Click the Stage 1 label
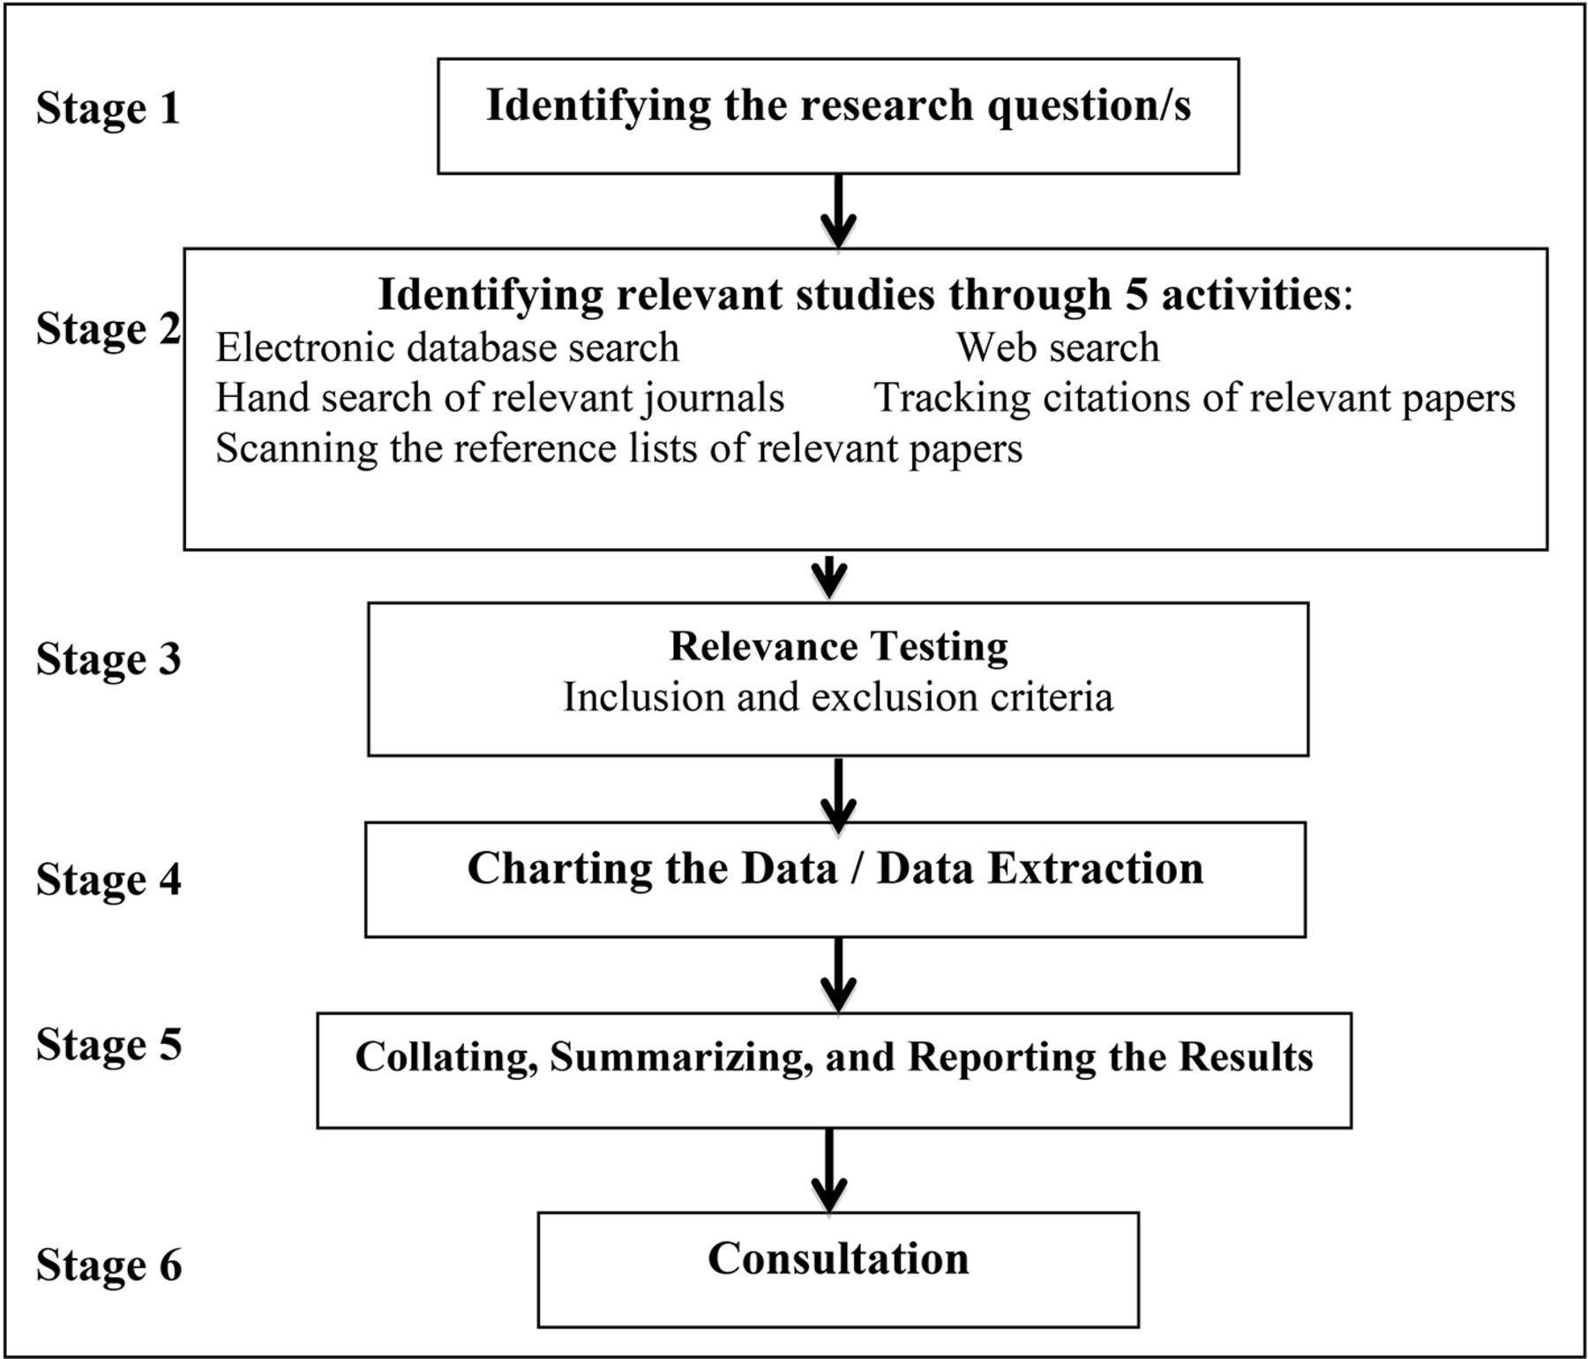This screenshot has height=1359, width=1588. tap(108, 109)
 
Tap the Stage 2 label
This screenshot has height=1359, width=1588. tap(108, 330)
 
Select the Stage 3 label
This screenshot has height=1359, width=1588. tap(109, 659)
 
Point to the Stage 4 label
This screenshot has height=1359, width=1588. tap(109, 880)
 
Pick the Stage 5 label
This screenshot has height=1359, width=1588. tap(109, 1045)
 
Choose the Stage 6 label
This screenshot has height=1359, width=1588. tap(109, 1265)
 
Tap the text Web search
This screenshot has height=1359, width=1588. tap(1058, 348)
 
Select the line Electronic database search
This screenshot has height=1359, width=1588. tap(447, 348)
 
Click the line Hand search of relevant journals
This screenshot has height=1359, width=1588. tap(500, 398)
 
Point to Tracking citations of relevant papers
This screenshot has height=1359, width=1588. tap(1195, 398)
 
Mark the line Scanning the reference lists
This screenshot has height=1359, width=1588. tap(619, 448)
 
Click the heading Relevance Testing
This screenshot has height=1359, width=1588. tap(838, 646)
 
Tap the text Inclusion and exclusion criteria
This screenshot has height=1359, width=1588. tap(838, 697)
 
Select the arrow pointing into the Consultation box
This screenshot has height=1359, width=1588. tap(829, 1171)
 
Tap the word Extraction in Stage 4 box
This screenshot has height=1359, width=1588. tap(1095, 869)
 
